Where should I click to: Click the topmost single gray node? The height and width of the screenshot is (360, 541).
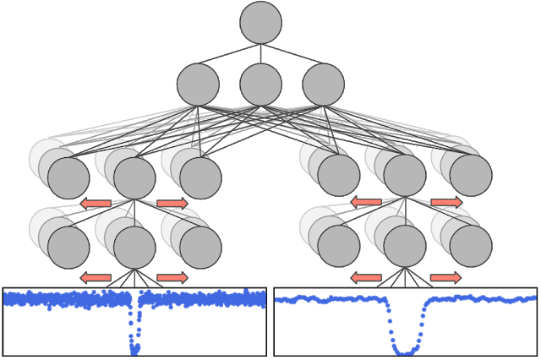pos(260,22)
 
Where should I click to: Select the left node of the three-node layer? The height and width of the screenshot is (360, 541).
pos(198,85)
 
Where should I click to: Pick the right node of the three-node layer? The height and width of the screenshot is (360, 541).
pos(323,85)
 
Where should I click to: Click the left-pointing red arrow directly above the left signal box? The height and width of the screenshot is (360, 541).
pos(96,277)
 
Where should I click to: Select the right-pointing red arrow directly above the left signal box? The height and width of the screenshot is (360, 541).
pos(172,277)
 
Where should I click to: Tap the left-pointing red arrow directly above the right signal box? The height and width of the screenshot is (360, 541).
pos(366,277)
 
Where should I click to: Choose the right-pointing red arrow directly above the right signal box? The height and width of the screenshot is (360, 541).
pos(445,277)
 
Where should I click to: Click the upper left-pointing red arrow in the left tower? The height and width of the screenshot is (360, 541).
pos(96,203)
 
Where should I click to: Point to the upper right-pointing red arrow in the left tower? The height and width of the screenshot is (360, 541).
pos(172,203)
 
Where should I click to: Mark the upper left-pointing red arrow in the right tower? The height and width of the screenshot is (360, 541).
pos(366,203)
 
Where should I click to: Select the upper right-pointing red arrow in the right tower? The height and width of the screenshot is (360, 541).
pos(445,203)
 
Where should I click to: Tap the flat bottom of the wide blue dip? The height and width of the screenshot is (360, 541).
pos(407,349)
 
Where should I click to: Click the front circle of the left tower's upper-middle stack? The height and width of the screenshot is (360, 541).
pos(134,177)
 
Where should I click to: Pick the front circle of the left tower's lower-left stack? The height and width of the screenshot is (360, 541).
pos(68,248)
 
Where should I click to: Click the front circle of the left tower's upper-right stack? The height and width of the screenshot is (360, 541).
pos(200,177)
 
